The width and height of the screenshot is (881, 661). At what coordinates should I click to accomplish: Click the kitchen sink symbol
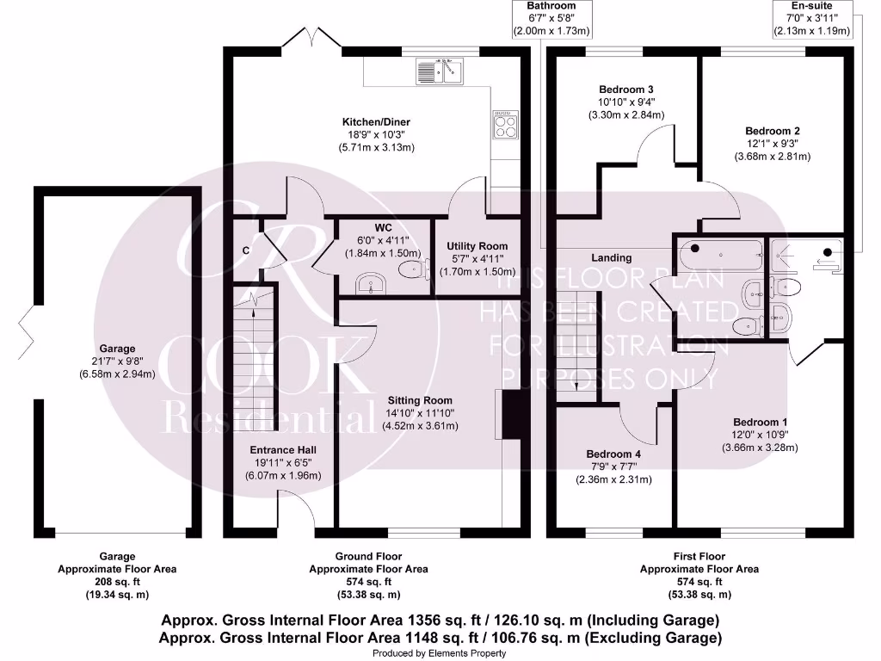pyautogui.click(x=440, y=71)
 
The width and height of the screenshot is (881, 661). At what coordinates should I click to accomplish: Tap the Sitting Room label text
pyautogui.click(x=420, y=400)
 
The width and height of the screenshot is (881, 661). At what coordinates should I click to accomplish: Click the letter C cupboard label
pyautogui.click(x=246, y=250)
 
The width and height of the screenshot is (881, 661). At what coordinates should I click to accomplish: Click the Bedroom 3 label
pyautogui.click(x=626, y=90)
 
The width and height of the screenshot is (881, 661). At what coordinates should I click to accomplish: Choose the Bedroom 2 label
pyautogui.click(x=772, y=132)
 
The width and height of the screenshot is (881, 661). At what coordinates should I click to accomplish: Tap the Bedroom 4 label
pyautogui.click(x=613, y=454)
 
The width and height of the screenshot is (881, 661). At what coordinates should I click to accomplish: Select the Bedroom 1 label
pyautogui.click(x=760, y=422)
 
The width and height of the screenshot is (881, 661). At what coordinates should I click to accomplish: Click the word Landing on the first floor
pyautogui.click(x=611, y=257)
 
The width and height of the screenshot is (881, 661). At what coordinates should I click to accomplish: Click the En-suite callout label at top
pyautogui.click(x=812, y=5)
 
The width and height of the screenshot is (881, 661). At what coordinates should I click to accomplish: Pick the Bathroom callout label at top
pyautogui.click(x=551, y=5)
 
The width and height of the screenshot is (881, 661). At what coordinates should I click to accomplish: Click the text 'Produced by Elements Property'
pyautogui.click(x=440, y=653)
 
